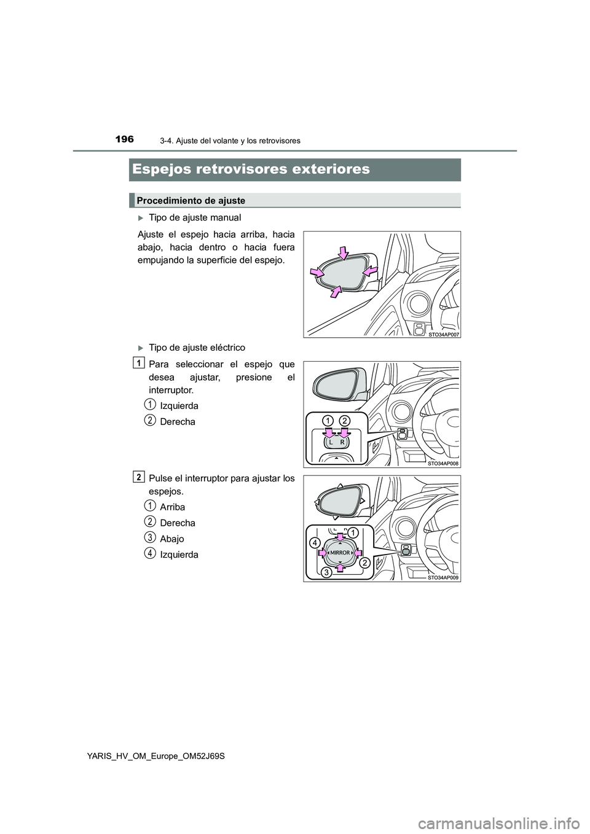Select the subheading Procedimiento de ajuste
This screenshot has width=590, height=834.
click(x=191, y=201)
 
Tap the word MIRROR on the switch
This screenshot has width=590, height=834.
click(x=340, y=553)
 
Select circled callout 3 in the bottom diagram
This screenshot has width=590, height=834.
click(x=327, y=572)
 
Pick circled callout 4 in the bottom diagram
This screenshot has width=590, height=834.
click(x=314, y=544)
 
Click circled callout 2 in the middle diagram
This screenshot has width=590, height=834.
click(x=344, y=421)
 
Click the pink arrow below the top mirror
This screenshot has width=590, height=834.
click(x=335, y=291)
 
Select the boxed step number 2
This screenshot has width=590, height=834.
click(x=140, y=477)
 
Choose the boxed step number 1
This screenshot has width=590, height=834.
click(x=140, y=362)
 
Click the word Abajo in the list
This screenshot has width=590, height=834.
click(x=171, y=539)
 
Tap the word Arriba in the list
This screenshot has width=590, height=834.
click(x=172, y=507)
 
